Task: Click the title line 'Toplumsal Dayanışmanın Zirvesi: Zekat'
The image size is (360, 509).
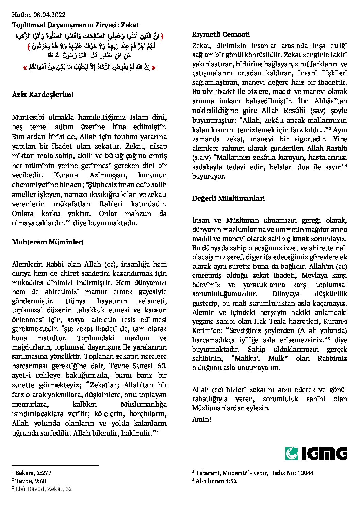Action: [x=76, y=25]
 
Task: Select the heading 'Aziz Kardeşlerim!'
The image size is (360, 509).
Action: [x=43, y=94]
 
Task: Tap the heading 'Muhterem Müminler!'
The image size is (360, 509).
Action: [x=48, y=242]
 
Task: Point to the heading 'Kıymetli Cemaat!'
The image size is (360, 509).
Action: [x=221, y=34]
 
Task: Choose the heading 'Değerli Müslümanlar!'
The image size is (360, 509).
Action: [x=228, y=198]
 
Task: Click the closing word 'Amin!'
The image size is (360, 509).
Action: [x=201, y=419]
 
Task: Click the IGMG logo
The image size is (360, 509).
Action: [x=316, y=454]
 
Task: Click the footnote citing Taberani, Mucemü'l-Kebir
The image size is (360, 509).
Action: [x=253, y=473]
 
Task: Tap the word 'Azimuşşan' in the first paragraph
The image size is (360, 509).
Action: [x=107, y=175]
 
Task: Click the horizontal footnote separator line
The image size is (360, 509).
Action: [x=55, y=465]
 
